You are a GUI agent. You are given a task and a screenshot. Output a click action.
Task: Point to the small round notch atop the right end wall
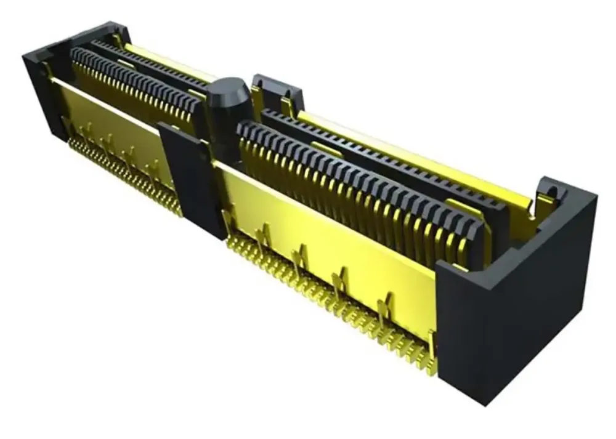click(550, 188)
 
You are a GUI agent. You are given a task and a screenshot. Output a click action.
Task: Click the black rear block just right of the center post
click(277, 92)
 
